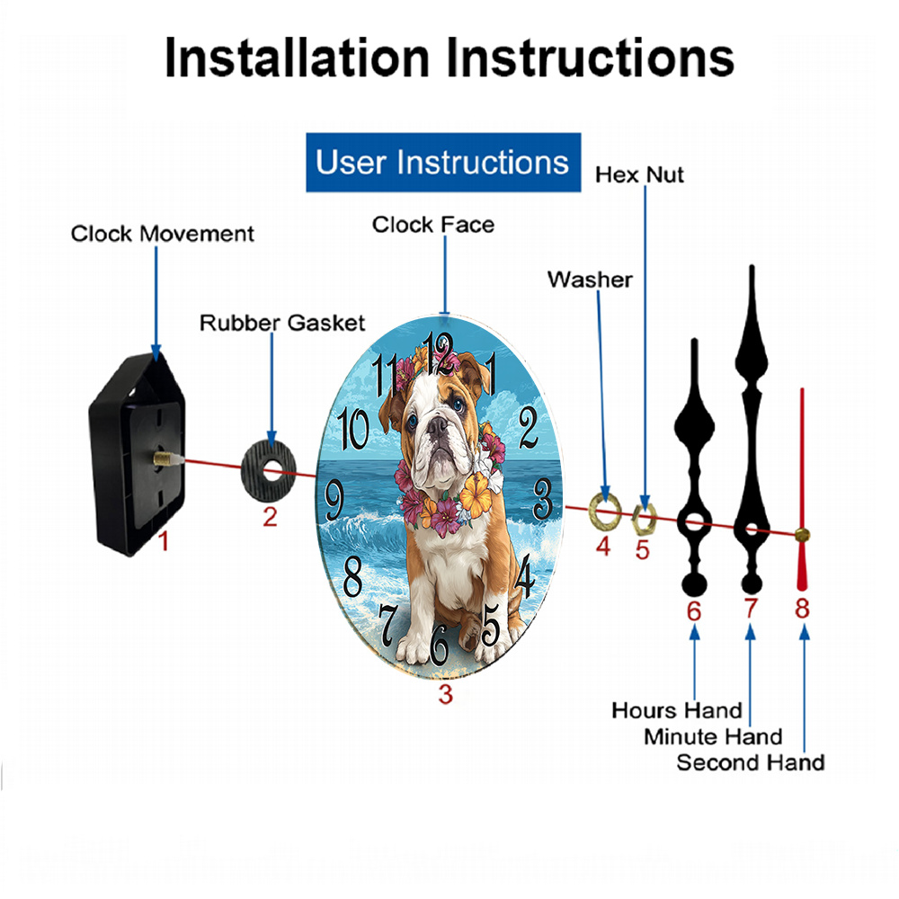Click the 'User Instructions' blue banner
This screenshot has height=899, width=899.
click(443, 162)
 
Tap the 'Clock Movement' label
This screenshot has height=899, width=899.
click(162, 234)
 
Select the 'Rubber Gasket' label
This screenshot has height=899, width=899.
click(282, 323)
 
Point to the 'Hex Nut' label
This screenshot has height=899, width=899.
click(639, 174)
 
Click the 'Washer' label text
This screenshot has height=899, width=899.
click(590, 280)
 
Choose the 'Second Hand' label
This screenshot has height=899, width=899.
click(751, 762)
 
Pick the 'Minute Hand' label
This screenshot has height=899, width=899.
click(713, 736)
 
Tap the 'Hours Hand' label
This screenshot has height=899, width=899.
click(677, 710)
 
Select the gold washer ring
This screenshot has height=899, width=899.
click(605, 511)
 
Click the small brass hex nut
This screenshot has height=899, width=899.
click(644, 519)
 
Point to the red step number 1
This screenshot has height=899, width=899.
click(164, 541)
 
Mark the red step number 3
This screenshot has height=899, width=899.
click(446, 694)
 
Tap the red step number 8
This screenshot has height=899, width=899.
click(802, 608)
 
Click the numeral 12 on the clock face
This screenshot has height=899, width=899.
click(439, 351)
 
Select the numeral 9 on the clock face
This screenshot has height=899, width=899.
click(334, 500)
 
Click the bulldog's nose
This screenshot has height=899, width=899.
click(437, 425)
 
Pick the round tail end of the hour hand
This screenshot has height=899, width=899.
click(694, 584)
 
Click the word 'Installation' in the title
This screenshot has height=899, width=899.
click(297, 58)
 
